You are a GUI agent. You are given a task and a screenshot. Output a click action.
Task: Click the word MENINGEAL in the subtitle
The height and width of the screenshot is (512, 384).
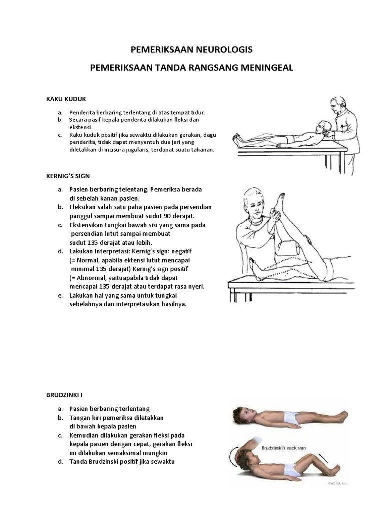pyautogui.click(x=267, y=67)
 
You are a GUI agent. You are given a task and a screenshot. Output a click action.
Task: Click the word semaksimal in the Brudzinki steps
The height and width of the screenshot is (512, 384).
pyautogui.click(x=125, y=452)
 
